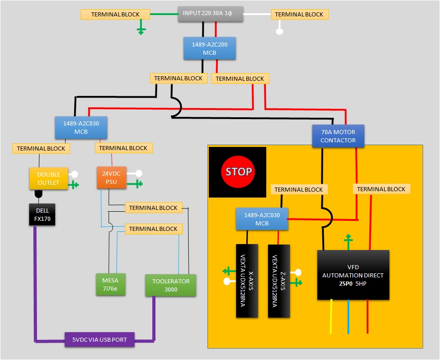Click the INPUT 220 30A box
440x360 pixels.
(x=211, y=14)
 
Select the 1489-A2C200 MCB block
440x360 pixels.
(x=210, y=48)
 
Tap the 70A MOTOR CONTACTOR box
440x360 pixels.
(x=338, y=136)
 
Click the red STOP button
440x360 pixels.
(x=238, y=172)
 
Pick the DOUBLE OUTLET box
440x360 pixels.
(x=48, y=178)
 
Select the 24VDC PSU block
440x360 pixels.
(x=111, y=177)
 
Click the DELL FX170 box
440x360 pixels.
(x=42, y=214)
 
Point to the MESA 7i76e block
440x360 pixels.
(x=110, y=284)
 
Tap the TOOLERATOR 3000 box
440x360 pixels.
(x=171, y=285)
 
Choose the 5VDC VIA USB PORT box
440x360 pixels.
(x=99, y=339)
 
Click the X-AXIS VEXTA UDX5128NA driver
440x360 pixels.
(x=247, y=281)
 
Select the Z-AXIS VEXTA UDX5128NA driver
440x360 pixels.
(x=279, y=281)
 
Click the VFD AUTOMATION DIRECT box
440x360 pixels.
(x=353, y=275)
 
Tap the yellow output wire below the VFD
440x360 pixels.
(x=331, y=317)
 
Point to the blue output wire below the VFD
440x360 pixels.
(x=348, y=317)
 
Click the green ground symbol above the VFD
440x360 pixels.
(x=348, y=241)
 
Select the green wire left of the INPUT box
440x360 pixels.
(x=164, y=14)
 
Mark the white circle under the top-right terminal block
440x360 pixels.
(x=280, y=31)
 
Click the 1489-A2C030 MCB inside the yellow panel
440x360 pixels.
(x=262, y=219)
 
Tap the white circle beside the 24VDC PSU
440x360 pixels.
(x=139, y=173)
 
